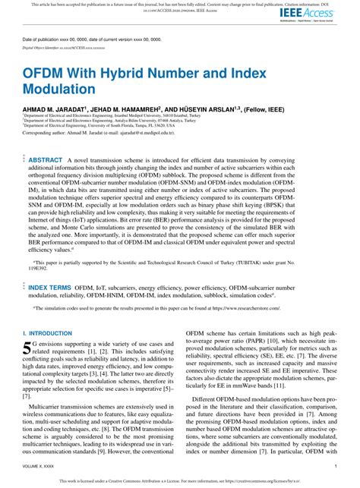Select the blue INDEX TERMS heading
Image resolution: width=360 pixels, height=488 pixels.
[49, 288]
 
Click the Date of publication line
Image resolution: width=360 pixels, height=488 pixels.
[87, 38]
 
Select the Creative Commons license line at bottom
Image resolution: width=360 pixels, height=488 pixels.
[179, 481]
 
